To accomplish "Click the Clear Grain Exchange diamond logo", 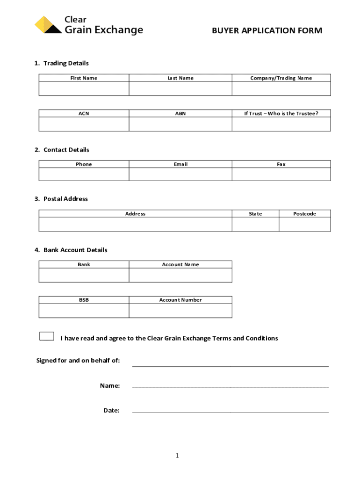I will [x=48, y=25].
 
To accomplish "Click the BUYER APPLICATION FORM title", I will [x=267, y=31].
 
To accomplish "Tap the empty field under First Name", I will [x=84, y=88].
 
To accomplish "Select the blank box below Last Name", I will [x=180, y=88].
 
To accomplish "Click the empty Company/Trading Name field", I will [x=281, y=88].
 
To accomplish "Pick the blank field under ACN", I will [x=84, y=124].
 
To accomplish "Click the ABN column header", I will [x=180, y=113].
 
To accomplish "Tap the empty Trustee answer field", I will [x=281, y=124].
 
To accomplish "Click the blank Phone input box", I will [x=84, y=174].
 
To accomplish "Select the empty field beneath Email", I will [x=180, y=174].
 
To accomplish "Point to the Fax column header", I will [x=281, y=164].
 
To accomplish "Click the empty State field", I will [x=255, y=224].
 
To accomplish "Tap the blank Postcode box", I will [x=305, y=224].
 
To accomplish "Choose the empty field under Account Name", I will [x=180, y=275].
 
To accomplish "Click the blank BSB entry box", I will [x=84, y=311].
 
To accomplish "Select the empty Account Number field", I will [x=180, y=311].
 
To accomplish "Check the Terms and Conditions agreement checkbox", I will [x=47, y=336].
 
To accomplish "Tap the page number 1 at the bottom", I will [x=178, y=456].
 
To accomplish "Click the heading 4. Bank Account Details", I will [x=71, y=250].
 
